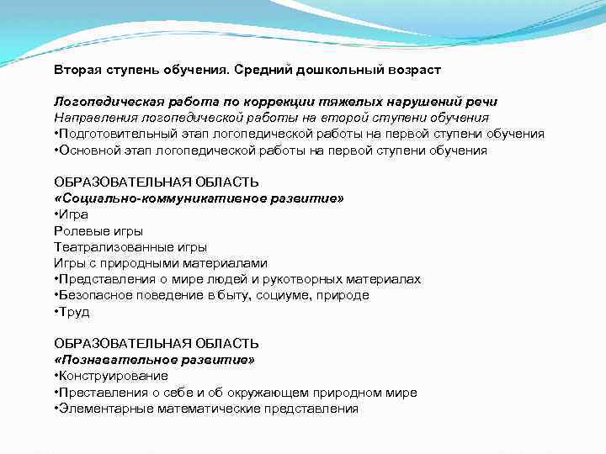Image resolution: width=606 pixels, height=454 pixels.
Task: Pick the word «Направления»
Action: click(95, 118)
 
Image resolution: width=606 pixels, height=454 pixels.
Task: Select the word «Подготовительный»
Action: click(114, 135)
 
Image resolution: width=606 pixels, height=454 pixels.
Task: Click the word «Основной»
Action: click(87, 150)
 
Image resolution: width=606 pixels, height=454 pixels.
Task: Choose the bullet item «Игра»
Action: click(75, 214)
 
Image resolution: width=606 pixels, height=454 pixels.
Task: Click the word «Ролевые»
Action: click(80, 230)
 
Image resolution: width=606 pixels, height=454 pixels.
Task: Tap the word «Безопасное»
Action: click(93, 295)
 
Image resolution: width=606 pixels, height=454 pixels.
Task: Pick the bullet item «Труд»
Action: click(74, 312)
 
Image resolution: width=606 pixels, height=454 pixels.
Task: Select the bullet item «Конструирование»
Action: click(113, 376)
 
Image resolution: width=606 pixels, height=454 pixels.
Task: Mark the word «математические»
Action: click(210, 409)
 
